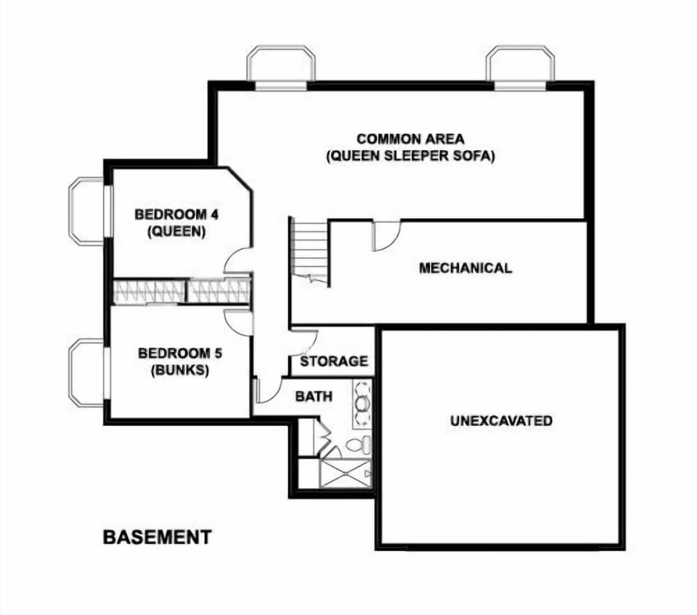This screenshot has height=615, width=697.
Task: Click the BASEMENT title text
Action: (x=157, y=537)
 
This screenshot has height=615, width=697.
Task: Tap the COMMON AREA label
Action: (x=410, y=138)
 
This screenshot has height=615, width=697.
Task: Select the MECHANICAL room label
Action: (x=465, y=268)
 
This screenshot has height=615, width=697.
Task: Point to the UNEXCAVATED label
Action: (x=501, y=420)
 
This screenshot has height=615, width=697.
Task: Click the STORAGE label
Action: (x=334, y=361)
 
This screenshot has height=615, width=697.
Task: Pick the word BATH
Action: (x=314, y=396)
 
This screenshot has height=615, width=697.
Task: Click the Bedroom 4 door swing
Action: (x=237, y=261)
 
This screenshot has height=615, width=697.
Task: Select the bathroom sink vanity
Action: (x=362, y=402)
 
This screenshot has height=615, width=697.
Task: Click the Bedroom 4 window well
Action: (x=86, y=211)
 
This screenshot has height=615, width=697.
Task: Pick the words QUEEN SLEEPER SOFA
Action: (x=410, y=156)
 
